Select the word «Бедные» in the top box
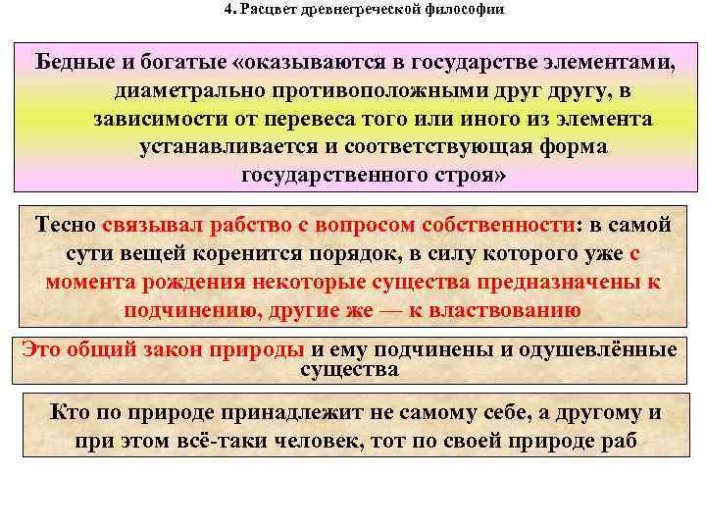click(76, 63)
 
